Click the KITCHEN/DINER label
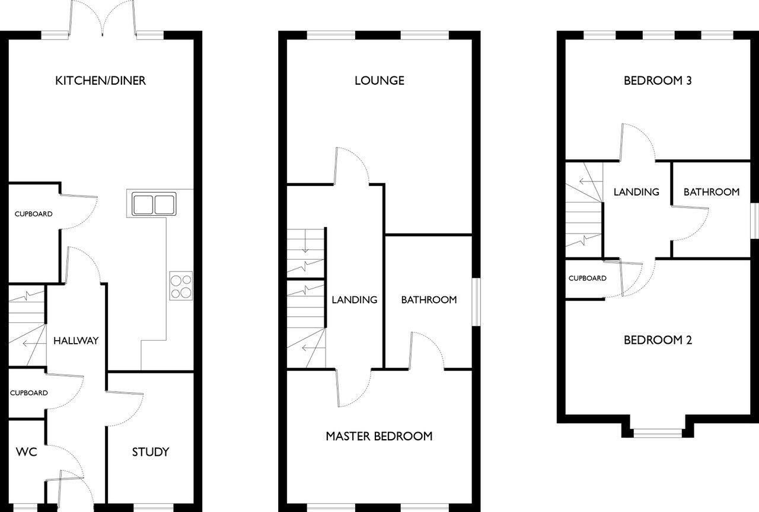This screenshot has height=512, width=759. pyautogui.click(x=100, y=81)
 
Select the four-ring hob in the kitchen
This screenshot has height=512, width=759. pyautogui.click(x=181, y=285)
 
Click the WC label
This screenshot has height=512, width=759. pyautogui.click(x=26, y=452)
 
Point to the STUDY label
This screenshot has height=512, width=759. pyautogui.click(x=151, y=452)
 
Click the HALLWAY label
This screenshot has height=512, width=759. pyautogui.click(x=76, y=341)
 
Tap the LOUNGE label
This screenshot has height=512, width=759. pyautogui.click(x=379, y=81)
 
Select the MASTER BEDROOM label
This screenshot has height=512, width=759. pyautogui.click(x=379, y=437)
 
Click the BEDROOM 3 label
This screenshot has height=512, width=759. pyautogui.click(x=658, y=81)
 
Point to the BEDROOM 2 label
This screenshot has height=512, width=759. pyautogui.click(x=658, y=340)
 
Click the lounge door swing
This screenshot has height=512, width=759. pyautogui.click(x=352, y=166)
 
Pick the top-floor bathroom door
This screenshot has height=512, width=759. pyautogui.click(x=691, y=222)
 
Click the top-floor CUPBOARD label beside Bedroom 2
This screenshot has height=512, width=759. pyautogui.click(x=587, y=279)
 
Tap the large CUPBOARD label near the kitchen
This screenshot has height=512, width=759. pyautogui.click(x=33, y=214)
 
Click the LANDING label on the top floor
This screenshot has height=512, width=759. pyautogui.click(x=636, y=192)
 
